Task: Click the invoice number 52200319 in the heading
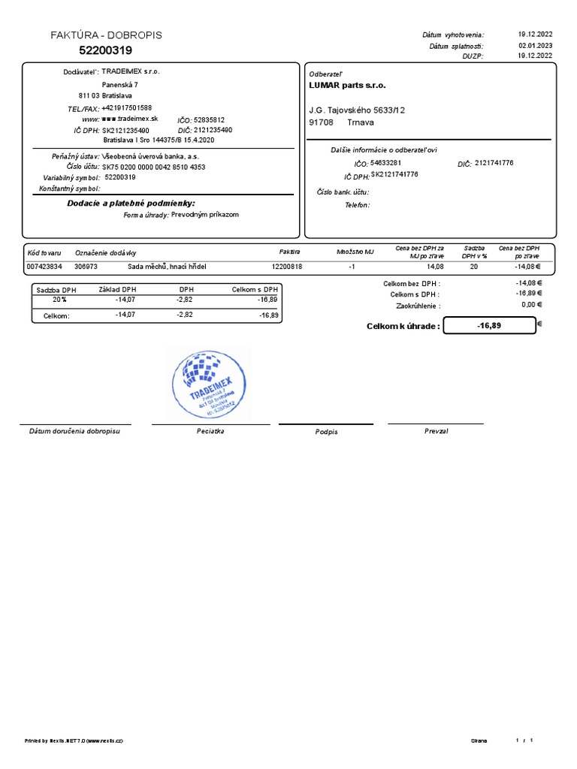pos(106,50)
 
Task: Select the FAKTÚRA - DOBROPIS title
pos(106,35)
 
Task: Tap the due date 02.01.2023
pos(535,45)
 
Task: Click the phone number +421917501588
pos(126,108)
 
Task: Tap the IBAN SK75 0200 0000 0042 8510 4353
pos(154,167)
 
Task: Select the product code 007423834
pos(44,267)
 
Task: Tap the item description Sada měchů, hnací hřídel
pos(167,267)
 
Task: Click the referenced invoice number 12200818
pos(287,267)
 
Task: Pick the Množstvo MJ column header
pos(355,252)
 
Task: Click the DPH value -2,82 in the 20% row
pos(184,299)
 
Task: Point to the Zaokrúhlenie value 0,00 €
pos(531,304)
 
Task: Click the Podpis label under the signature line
pos(327,432)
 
